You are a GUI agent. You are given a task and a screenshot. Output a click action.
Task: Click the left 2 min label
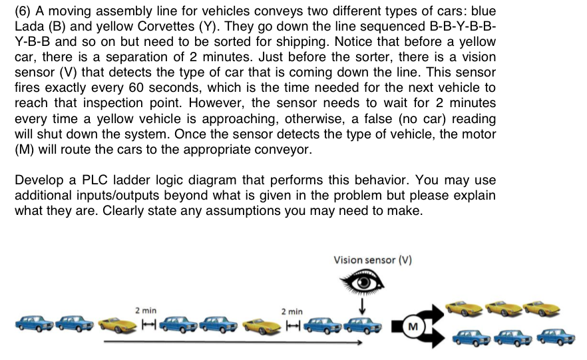(146, 310)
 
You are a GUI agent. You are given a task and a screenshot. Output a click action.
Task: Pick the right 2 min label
(292, 311)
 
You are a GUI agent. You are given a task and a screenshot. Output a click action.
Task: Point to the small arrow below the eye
(363, 306)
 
